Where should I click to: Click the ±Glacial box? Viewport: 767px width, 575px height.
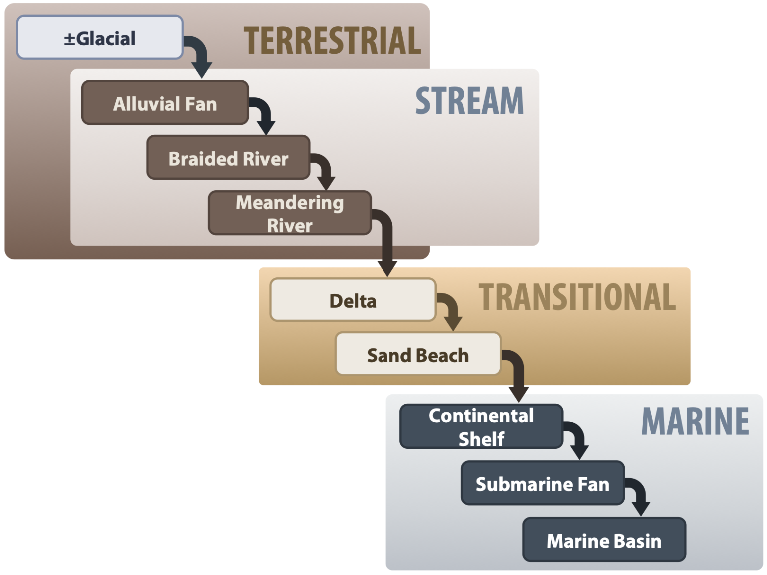(100, 38)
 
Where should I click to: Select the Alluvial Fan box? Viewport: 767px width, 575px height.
(165, 103)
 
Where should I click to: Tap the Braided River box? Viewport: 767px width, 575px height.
(228, 158)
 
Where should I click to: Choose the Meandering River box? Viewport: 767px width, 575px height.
(290, 213)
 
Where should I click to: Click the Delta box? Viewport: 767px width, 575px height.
(353, 300)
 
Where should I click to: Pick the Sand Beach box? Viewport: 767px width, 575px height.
(417, 354)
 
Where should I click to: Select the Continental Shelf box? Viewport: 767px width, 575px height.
(481, 427)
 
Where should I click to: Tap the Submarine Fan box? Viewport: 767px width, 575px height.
(542, 483)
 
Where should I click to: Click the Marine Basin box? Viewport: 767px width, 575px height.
(604, 540)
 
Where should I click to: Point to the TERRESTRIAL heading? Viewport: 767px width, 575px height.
(332, 41)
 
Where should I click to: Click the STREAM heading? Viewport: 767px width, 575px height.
(469, 101)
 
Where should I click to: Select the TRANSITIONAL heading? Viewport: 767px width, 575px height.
(577, 297)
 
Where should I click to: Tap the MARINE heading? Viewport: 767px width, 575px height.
(695, 422)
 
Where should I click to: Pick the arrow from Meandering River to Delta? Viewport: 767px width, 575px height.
(386, 245)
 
